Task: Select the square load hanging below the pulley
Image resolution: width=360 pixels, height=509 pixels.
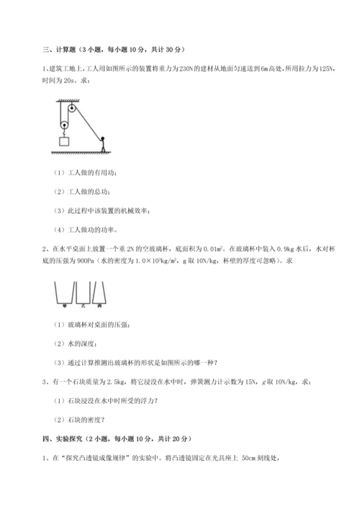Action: point(65,142)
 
